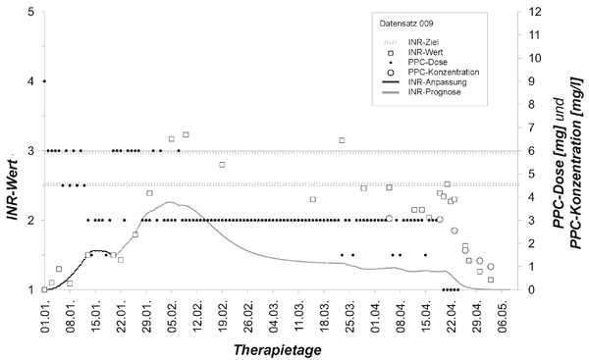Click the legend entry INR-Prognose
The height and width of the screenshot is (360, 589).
click(x=434, y=92)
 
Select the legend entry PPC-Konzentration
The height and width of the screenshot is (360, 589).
click(x=444, y=72)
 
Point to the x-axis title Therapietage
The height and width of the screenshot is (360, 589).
click(x=277, y=350)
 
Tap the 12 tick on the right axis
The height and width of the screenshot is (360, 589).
click(x=533, y=12)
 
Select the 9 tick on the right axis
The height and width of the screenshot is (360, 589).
click(x=528, y=81)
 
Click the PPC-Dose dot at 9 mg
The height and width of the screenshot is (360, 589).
click(x=44, y=81)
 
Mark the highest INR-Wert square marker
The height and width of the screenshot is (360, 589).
click(x=186, y=134)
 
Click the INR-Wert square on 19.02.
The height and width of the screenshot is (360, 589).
click(x=222, y=165)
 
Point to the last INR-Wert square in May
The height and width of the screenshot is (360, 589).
click(x=491, y=280)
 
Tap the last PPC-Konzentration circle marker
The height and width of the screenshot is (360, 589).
click(x=491, y=267)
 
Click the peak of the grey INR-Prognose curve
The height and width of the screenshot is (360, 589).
click(x=170, y=202)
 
